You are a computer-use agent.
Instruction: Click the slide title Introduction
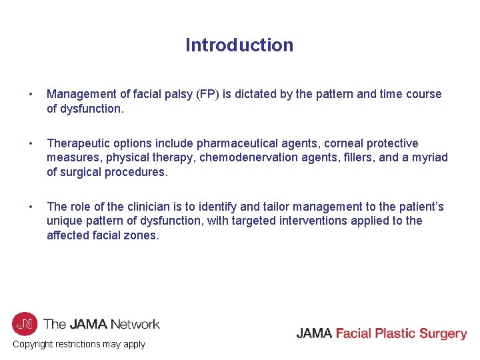tap(239, 45)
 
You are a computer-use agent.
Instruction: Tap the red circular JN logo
tap(25, 324)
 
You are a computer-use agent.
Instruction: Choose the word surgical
tap(82, 171)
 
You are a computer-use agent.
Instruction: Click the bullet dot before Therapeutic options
tap(23, 143)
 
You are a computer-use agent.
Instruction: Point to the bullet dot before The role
tap(23, 207)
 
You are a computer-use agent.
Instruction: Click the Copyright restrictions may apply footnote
tap(79, 344)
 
